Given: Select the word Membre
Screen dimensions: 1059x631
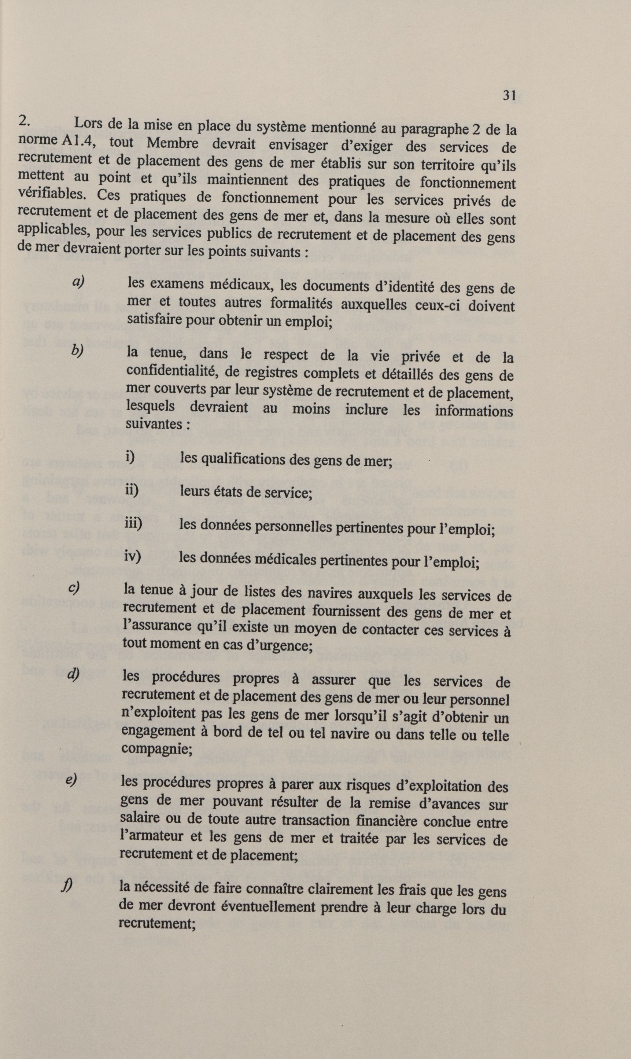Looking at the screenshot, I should click(172, 143).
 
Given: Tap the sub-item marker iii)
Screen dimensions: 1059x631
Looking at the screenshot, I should click(133, 522).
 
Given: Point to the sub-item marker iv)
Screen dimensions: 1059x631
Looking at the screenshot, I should click(132, 555).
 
